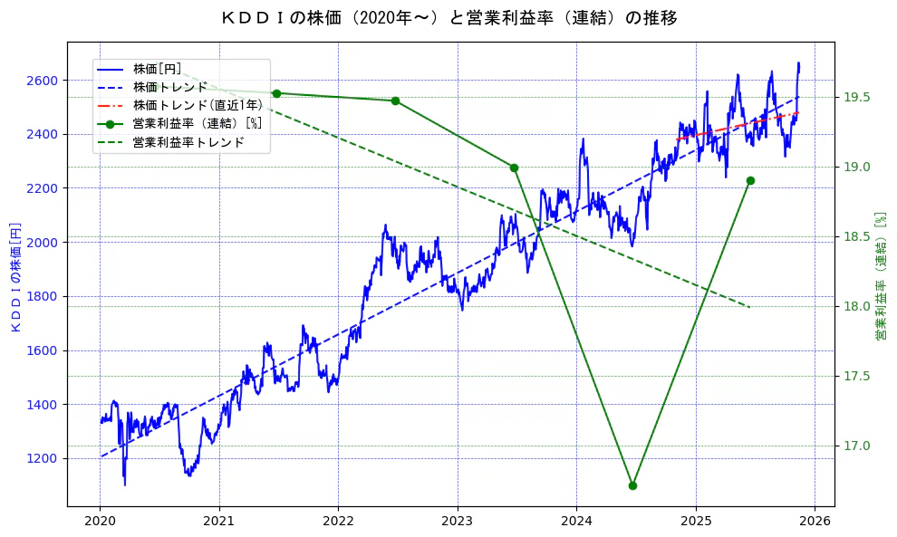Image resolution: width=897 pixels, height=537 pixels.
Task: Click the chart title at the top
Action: point(448,18)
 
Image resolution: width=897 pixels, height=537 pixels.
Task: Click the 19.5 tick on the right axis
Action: point(857,97)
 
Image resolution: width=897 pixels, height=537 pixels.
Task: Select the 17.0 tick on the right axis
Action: point(857,446)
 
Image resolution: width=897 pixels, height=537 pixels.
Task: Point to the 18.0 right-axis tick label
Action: point(857,306)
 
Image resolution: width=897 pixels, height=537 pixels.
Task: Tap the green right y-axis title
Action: point(880,276)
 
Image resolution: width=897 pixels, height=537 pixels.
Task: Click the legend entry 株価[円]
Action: point(158,69)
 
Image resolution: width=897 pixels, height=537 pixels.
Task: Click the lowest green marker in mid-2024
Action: point(632,485)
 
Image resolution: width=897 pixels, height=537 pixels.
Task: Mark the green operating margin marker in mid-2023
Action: point(514,168)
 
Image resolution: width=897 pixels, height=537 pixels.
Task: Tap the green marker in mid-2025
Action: point(750,181)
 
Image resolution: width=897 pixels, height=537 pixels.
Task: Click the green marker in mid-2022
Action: point(395,101)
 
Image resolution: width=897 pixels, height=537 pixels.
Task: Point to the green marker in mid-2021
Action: point(276,93)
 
